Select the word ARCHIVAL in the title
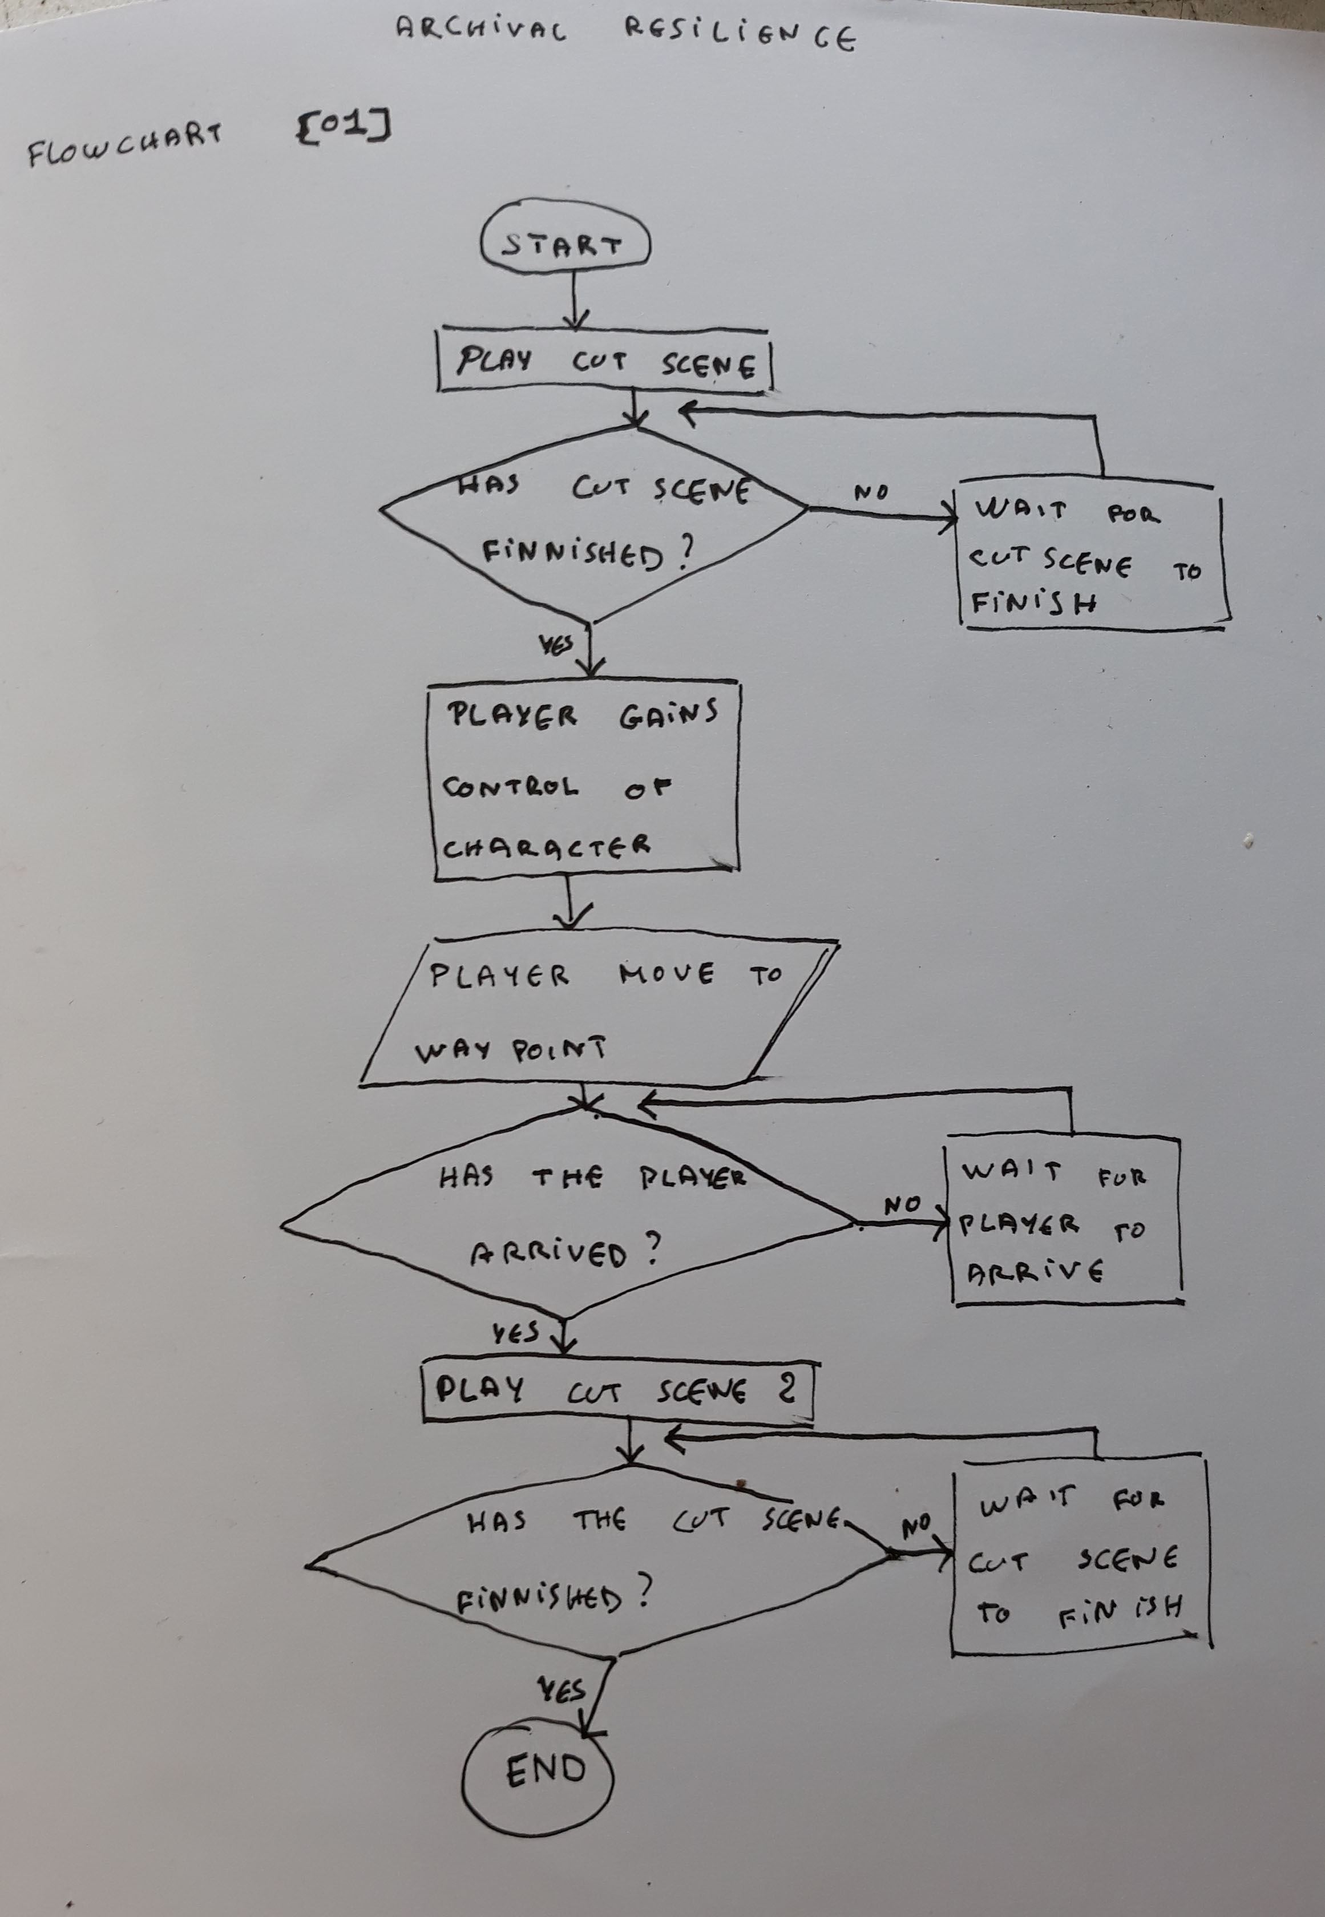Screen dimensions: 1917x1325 pos(482,31)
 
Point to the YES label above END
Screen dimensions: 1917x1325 pos(562,1689)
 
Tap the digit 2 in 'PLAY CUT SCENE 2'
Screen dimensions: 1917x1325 pos(786,1387)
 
